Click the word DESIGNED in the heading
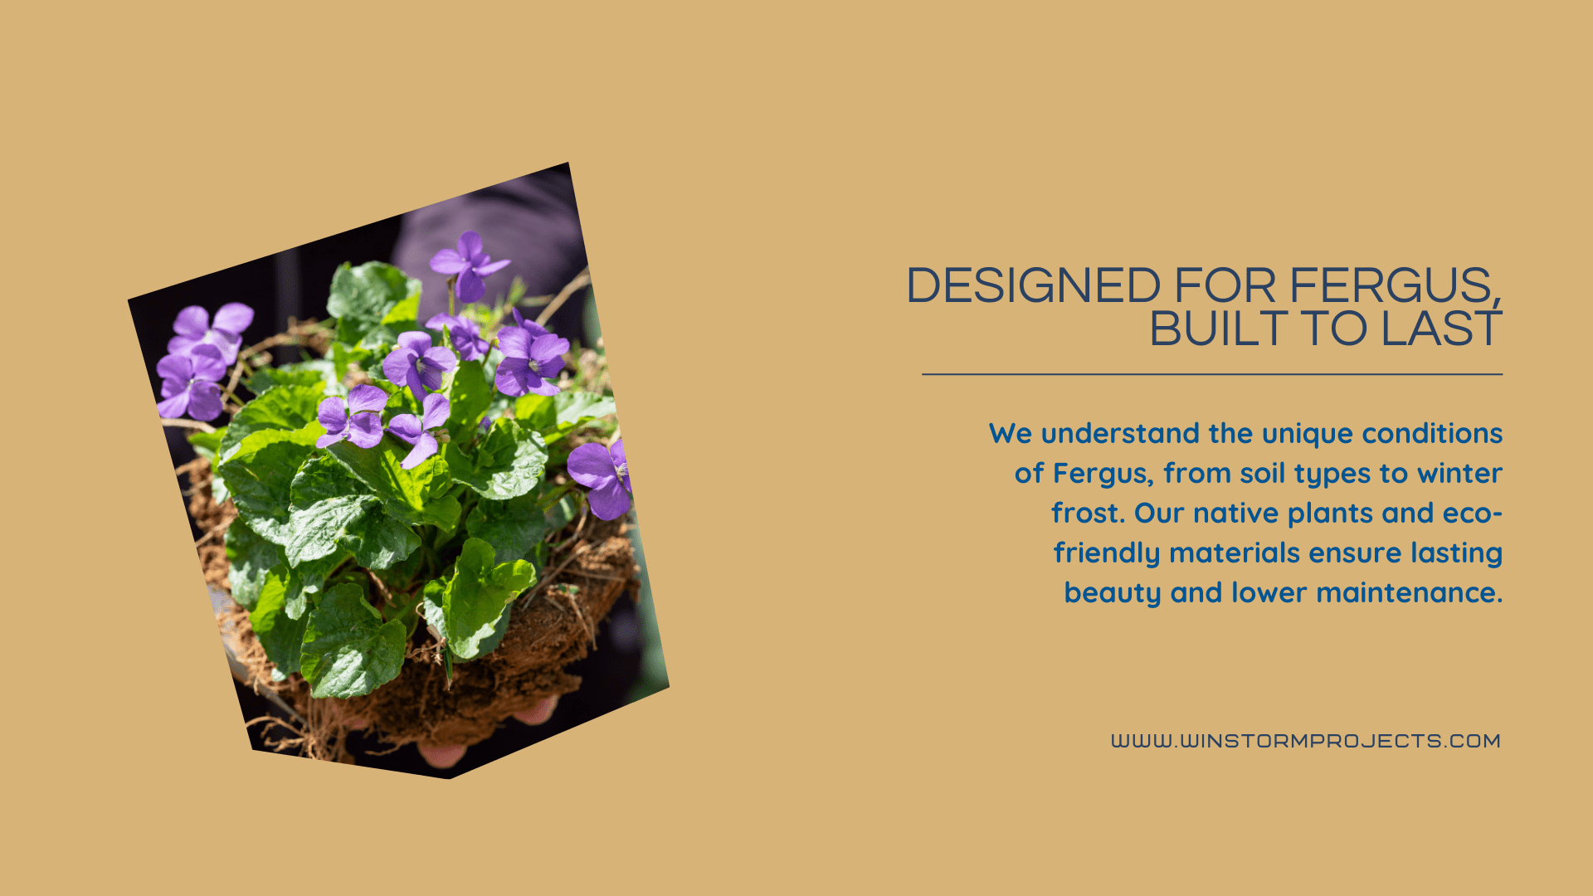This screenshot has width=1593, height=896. click(x=1033, y=285)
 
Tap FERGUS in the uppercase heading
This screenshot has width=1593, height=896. click(x=1394, y=285)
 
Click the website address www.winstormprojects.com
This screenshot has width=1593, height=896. click(x=1306, y=741)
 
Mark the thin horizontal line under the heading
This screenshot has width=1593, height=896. click(x=1212, y=374)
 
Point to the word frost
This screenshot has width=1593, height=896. click(x=1089, y=513)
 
